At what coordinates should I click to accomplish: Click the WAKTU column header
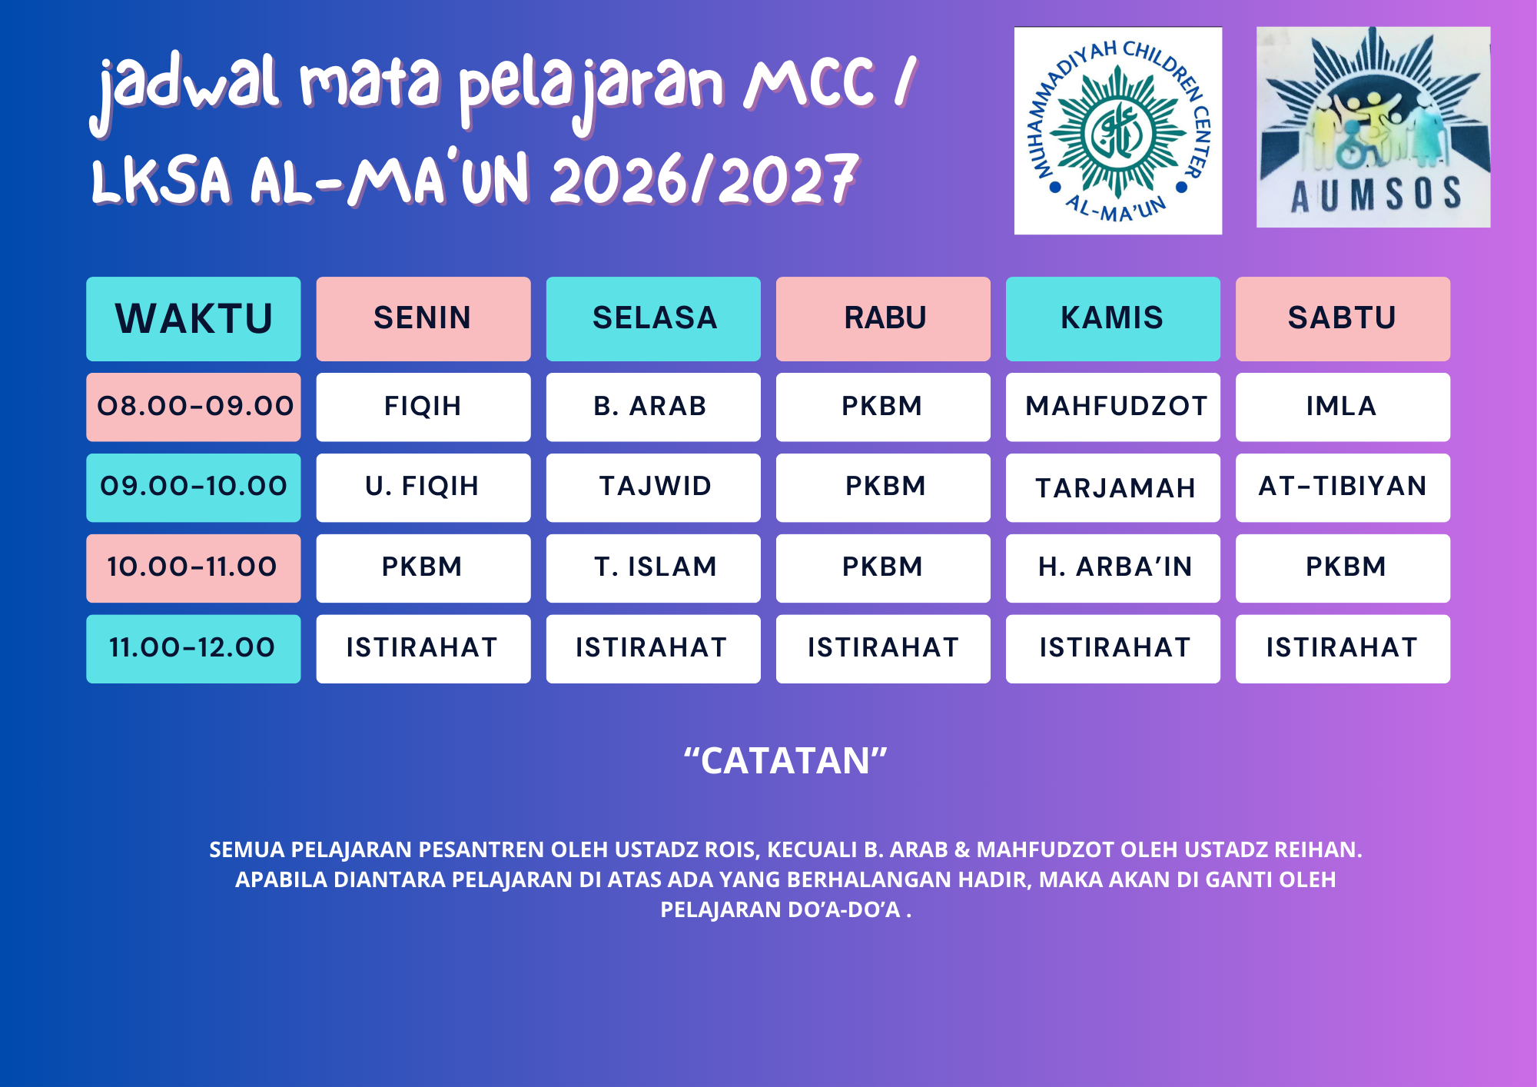click(x=193, y=319)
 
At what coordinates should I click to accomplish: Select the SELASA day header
click(x=653, y=319)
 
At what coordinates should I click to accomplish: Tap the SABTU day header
click(x=1343, y=319)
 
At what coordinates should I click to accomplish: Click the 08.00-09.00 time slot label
click(x=193, y=407)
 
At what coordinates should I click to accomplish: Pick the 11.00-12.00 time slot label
click(x=193, y=649)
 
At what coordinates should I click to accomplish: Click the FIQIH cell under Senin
click(x=423, y=407)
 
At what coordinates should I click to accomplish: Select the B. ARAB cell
click(x=653, y=407)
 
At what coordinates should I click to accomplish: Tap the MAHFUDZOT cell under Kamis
click(x=1113, y=407)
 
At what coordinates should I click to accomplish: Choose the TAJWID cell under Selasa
click(x=653, y=487)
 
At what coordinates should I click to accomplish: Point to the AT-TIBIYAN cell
click(x=1343, y=487)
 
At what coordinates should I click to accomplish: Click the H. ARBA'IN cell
click(x=1113, y=568)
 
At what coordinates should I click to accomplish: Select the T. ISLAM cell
click(x=653, y=568)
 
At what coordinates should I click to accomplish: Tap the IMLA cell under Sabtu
click(x=1343, y=407)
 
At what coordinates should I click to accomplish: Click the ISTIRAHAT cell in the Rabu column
click(x=883, y=649)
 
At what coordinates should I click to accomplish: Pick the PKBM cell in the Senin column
click(x=423, y=568)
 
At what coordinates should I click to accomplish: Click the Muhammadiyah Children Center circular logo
click(x=1118, y=131)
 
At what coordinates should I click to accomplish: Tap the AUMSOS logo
click(x=1373, y=127)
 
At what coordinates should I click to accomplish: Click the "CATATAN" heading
click(x=785, y=761)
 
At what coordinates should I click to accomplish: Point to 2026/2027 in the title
click(x=704, y=180)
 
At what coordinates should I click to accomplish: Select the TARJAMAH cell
click(x=1113, y=487)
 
